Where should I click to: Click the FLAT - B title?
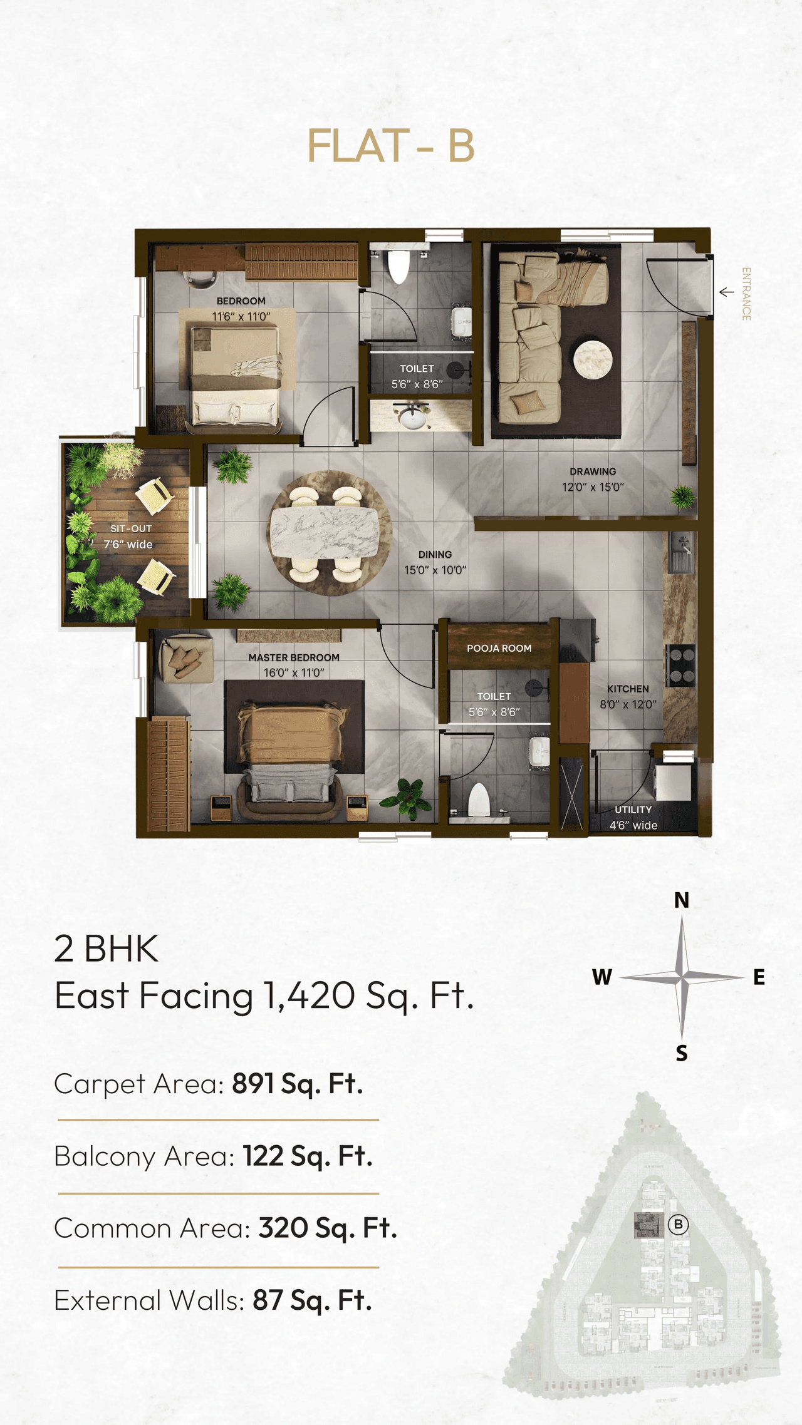point(390,146)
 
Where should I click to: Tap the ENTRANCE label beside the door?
point(746,294)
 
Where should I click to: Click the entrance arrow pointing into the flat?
point(726,292)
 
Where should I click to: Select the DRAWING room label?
point(593,471)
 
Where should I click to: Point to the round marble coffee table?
point(593,359)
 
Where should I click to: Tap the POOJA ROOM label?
point(499,649)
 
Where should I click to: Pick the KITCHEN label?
point(628,689)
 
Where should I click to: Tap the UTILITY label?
point(633,810)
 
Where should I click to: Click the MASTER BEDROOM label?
point(294,657)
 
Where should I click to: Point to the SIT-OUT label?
point(131,529)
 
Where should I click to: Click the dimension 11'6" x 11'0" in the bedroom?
point(241,317)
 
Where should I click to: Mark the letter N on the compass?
point(682,900)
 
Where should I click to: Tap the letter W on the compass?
point(601,977)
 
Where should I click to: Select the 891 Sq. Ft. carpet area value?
point(298,1084)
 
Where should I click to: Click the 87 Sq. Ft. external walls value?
point(312,1300)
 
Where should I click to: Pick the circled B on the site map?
point(678,1224)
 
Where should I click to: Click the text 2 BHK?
point(107,949)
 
